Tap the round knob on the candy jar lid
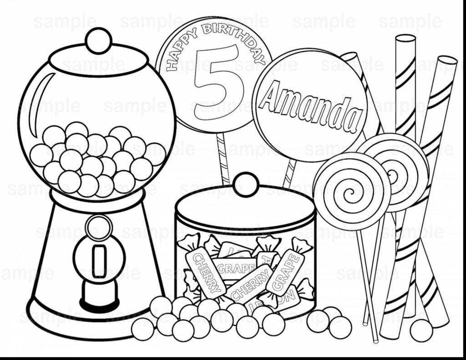(246, 183)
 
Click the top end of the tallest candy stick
(405, 39)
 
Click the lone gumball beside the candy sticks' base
(421, 330)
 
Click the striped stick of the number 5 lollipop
(223, 159)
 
